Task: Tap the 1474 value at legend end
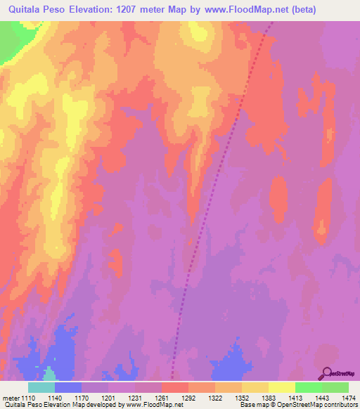(x=349, y=397)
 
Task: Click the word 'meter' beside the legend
(x=11, y=397)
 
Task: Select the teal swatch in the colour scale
(x=41, y=387)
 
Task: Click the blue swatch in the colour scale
(x=68, y=387)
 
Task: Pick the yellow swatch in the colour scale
(x=282, y=387)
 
